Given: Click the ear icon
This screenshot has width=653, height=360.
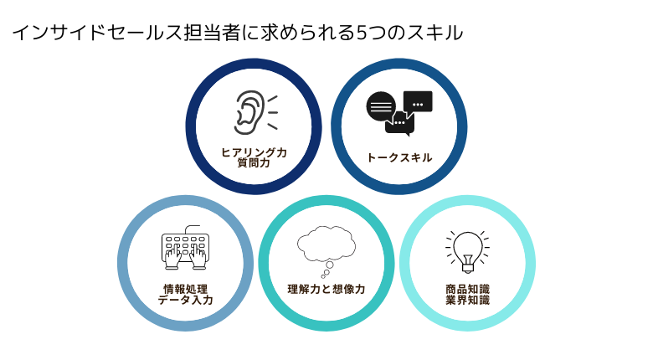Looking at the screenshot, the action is coord(249,112).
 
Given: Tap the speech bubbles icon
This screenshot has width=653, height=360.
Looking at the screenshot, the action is coord(399,113).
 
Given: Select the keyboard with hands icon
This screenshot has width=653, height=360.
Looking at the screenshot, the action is coord(185,248).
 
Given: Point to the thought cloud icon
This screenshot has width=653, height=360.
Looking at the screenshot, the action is coord(326,251).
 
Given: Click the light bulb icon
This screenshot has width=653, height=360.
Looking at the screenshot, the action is coord(467,251).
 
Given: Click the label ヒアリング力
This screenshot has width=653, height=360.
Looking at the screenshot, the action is coord(254,152).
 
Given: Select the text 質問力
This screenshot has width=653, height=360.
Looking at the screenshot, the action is coord(254,163).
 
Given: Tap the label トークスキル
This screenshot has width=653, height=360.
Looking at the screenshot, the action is coord(399,157).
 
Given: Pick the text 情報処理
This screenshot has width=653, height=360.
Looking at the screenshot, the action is coord(185,289).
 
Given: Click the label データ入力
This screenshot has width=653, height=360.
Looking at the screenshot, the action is coord(185,300).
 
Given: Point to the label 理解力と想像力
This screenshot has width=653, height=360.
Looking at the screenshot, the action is coord(326,289).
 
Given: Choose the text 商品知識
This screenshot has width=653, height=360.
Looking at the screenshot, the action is coord(467,289).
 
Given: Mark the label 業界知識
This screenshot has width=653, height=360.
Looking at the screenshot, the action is coord(467,300).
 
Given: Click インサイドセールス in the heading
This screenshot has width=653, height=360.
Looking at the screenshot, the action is coord(97,33).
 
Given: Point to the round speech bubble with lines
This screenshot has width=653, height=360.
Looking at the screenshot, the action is coord(381,106).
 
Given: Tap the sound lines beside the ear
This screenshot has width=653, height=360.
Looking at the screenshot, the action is coord(272,112).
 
